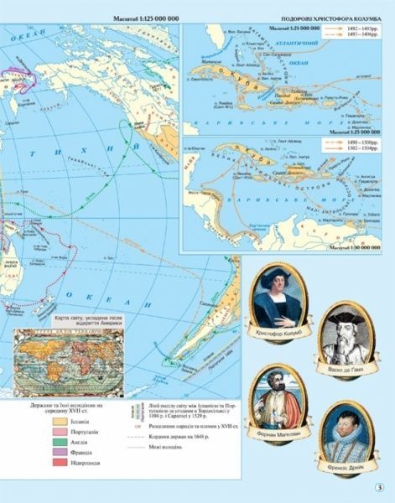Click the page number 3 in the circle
coord(379,490)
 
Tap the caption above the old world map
coord(75,324)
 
